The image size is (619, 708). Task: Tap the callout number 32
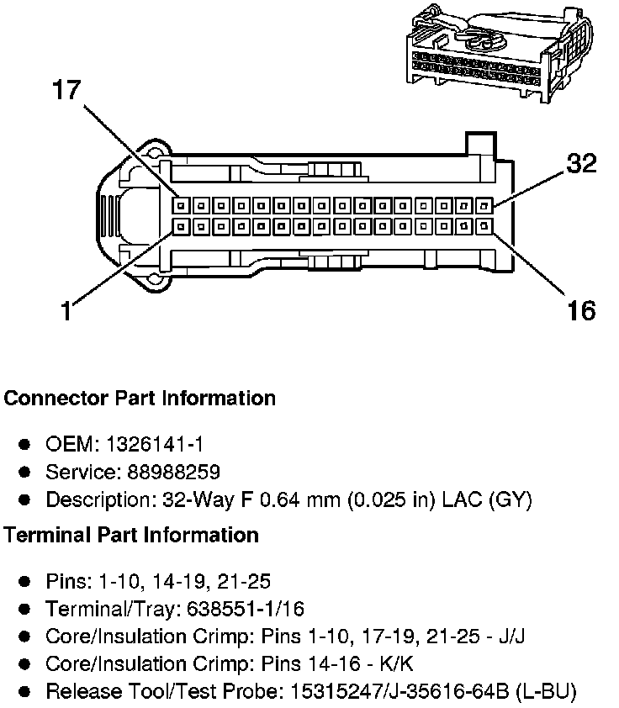click(580, 162)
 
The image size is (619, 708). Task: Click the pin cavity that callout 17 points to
click(180, 205)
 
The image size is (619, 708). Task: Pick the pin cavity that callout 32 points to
click(485, 205)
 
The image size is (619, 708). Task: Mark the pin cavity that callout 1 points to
click(180, 225)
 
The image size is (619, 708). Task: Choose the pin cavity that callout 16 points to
click(485, 225)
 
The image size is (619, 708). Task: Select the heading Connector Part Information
click(140, 398)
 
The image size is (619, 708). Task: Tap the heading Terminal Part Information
click(131, 535)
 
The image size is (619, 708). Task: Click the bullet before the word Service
click(24, 473)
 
